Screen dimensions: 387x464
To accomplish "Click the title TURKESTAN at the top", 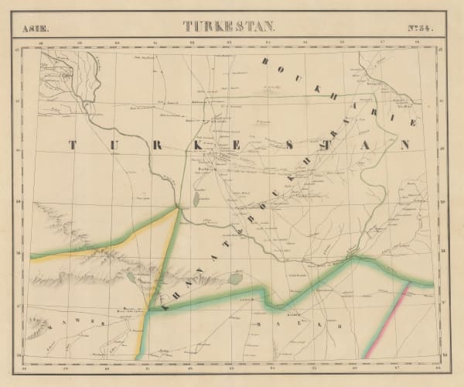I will [x=227, y=26].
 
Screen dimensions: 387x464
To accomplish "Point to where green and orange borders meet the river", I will [x=179, y=207].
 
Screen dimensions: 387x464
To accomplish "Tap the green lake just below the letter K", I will [x=196, y=199].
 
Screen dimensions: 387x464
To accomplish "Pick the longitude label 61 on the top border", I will [x=155, y=42].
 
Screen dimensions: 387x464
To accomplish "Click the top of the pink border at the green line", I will [x=408, y=286].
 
